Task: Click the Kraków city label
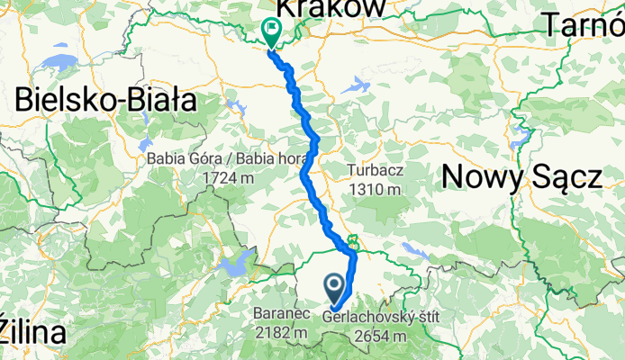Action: [x=331, y=7]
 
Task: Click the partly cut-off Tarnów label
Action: [x=584, y=27]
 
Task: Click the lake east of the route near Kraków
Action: [x=357, y=85]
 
